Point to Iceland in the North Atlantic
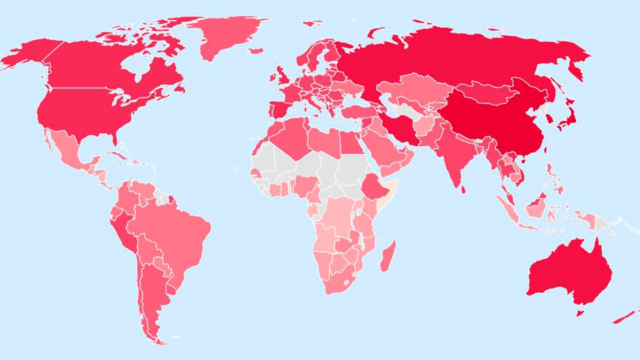pyautogui.click(x=256, y=50)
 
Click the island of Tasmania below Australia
pyautogui.click(x=580, y=313)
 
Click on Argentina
pyautogui.click(x=152, y=295)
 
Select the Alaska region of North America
pyautogui.click(x=30, y=55)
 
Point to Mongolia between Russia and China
pyautogui.click(x=482, y=92)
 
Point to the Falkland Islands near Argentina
pyautogui.click(x=174, y=337)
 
